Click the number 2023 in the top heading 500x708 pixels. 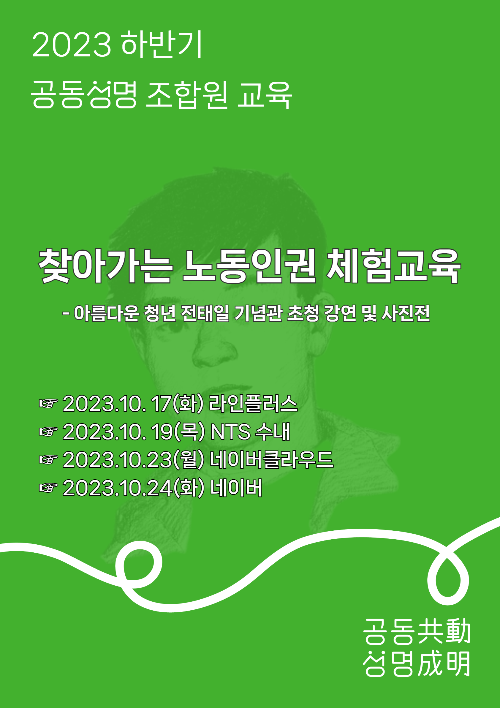click(x=71, y=45)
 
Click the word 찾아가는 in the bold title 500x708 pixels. click(x=105, y=266)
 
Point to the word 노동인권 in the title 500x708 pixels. click(x=249, y=266)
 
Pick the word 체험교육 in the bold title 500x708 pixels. click(x=394, y=266)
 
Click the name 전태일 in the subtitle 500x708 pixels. click(x=205, y=313)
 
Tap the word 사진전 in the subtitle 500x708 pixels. click(x=406, y=313)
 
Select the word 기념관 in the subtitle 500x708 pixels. click(x=258, y=313)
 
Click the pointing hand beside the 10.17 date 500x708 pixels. click(x=48, y=403)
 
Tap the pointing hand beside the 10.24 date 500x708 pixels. click(x=48, y=488)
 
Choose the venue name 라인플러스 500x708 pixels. click(x=253, y=403)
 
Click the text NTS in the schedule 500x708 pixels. click(x=230, y=432)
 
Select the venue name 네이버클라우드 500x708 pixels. click(x=272, y=459)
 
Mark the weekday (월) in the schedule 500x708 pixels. click(x=189, y=459)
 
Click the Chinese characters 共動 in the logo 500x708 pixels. click(x=444, y=631)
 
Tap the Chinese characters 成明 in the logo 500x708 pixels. click(x=444, y=663)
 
